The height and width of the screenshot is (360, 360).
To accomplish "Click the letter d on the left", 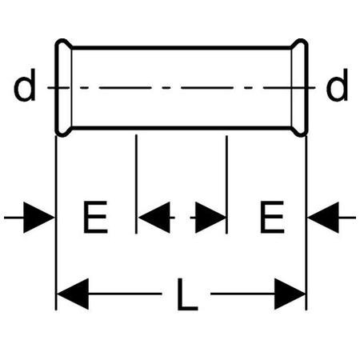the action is point(25,85).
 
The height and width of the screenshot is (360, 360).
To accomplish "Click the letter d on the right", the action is point(337,85).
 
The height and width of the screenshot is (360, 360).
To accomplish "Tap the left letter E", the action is point(95,218).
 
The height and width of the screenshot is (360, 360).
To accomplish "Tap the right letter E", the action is point(272,218).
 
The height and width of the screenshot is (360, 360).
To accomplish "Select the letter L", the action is point(187,294).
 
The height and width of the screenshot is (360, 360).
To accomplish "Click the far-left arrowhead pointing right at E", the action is point(38,218).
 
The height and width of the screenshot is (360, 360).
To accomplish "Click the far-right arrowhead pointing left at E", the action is point(323,218).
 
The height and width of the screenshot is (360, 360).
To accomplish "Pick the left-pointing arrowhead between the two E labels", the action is point(154,218).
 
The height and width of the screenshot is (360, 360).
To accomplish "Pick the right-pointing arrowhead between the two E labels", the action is point(210,218).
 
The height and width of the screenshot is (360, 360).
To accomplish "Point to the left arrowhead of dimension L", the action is point(73,294).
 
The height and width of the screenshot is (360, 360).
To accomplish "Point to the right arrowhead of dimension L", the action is point(290,294).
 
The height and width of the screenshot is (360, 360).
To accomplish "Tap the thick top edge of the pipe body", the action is point(182,48).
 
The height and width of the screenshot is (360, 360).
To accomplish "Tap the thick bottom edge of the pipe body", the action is point(182,128).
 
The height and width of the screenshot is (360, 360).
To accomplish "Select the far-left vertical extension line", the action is point(56,223).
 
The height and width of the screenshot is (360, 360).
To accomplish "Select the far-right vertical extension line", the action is point(306,223).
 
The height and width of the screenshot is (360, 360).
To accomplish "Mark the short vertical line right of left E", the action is point(136,184).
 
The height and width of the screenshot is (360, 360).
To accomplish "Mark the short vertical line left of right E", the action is point(226,185).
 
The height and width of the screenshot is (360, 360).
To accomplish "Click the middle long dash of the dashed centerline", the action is point(207,87).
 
